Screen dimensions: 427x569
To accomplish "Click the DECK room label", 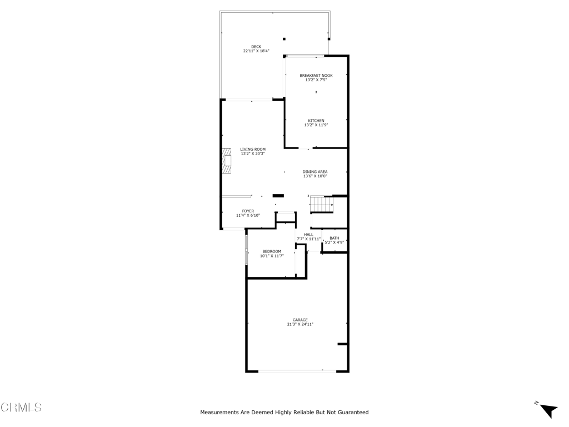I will pos(256,47).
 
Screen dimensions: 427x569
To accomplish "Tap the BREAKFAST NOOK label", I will pos(316,76).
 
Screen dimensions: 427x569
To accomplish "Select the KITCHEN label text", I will pos(316,121).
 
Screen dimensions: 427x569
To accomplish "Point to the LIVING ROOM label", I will pos(253,149).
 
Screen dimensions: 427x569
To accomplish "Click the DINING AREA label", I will pos(315,172).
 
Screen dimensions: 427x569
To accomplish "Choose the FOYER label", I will pos(248,211).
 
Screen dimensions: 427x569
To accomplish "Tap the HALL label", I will pos(308,235).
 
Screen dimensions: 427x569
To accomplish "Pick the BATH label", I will pos(334,238).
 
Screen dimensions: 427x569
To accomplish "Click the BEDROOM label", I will pos(272,251).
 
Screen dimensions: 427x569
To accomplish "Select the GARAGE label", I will pos(300,320).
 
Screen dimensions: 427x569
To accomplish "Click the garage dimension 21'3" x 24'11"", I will pos(300,325).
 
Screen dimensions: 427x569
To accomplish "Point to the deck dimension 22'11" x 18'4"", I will pos(256,51).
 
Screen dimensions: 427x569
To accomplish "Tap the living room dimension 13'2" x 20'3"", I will pos(253,153).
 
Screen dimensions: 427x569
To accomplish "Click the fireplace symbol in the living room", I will pos(227,161).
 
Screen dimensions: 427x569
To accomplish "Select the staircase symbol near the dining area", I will pos(321,204).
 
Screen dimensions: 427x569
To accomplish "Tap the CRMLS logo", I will pos(21,408).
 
